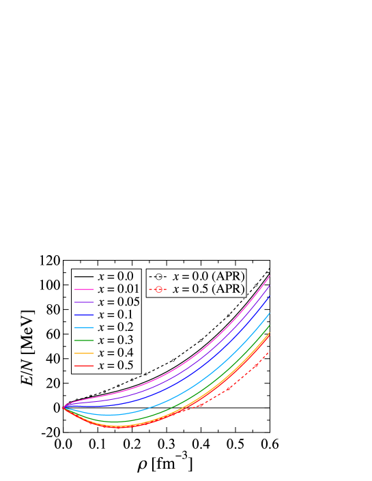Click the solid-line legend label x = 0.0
pyautogui.click(x=115, y=276)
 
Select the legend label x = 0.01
pyautogui.click(x=118, y=289)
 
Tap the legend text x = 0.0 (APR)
pyautogui.click(x=208, y=276)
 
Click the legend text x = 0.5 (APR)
pyautogui.click(x=208, y=289)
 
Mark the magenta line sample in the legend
pyautogui.click(x=84, y=289)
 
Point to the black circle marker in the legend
pyautogui.click(x=158, y=276)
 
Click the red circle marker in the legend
pyautogui.click(x=158, y=289)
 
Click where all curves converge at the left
pyautogui.click(x=63, y=407)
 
